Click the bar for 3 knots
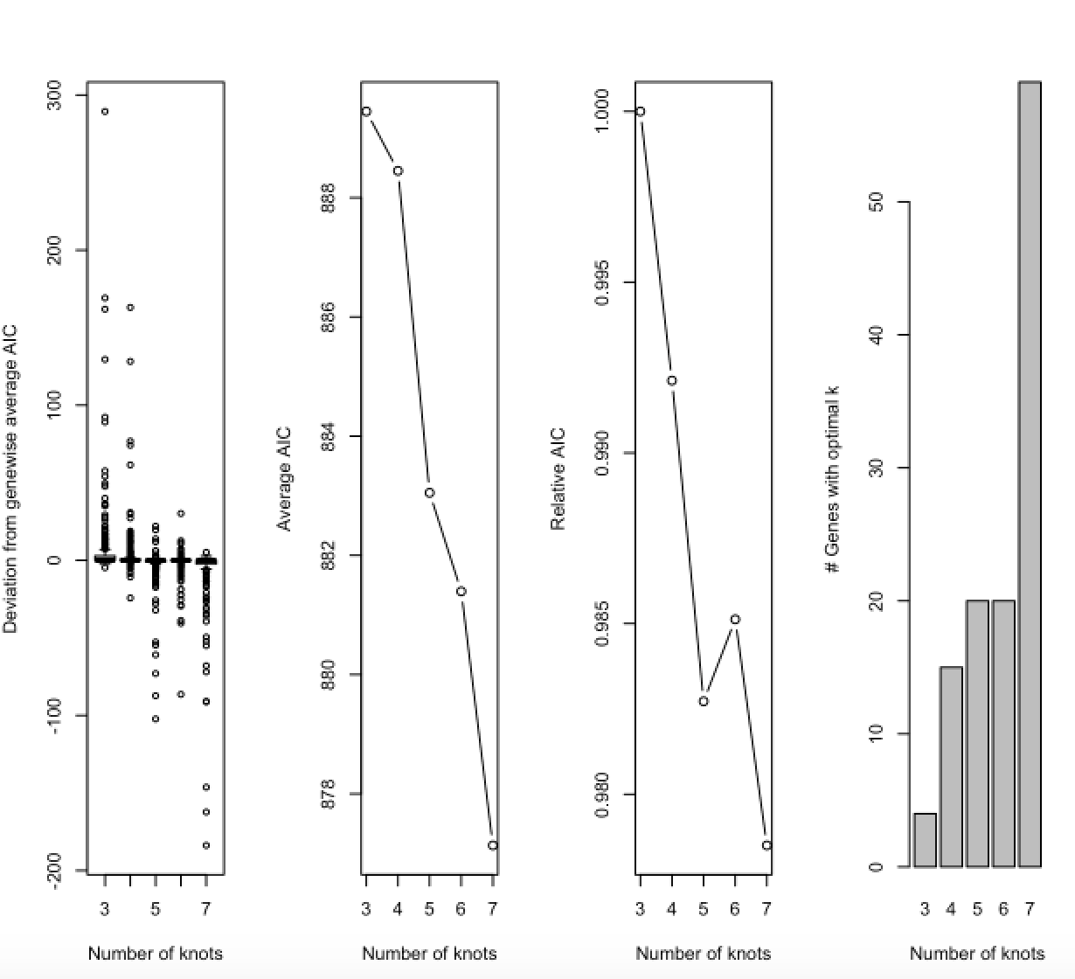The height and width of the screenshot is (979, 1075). pos(925,840)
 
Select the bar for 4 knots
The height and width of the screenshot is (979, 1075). pos(951,767)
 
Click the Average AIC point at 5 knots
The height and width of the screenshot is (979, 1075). pos(430,493)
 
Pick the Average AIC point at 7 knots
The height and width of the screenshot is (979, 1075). pos(493,845)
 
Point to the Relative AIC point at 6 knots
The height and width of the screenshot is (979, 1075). pos(735,619)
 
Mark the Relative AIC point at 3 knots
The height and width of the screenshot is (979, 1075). pos(641,111)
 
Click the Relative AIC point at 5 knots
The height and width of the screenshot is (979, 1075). pos(704,701)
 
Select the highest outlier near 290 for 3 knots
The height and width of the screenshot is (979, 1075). pos(105,111)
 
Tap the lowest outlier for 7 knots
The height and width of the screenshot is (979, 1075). pos(206,845)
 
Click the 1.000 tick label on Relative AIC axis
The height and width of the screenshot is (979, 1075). pos(601,111)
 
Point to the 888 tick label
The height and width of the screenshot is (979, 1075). pos(328,198)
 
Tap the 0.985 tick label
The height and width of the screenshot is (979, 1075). pos(601,623)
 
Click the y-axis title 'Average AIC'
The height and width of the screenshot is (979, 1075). pos(284,479)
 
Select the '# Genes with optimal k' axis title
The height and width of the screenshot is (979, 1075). pos(832,479)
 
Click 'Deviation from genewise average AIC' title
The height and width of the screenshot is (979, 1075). pos(11,479)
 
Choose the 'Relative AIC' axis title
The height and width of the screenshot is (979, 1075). pos(558,479)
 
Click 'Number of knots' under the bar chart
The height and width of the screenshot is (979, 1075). pos(977,953)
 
